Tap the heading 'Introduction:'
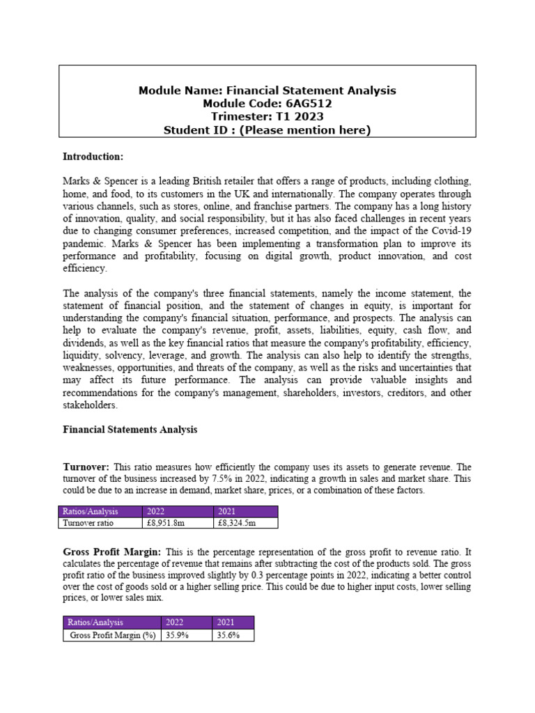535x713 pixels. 93,156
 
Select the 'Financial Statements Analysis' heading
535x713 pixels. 130,430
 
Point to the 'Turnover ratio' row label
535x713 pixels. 88,523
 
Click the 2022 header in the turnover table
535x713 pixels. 158,512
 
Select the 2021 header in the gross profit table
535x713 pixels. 226,622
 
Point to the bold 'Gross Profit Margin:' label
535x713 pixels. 111,551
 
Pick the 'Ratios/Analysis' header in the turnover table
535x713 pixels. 91,512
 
